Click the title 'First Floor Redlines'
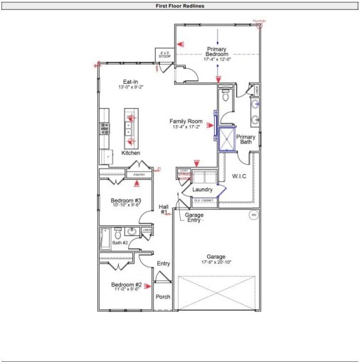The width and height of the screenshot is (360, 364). tap(180, 5)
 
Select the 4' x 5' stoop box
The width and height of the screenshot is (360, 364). tap(165, 55)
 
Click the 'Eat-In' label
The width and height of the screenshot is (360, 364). tap(130, 82)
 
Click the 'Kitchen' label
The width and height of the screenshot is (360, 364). tap(130, 153)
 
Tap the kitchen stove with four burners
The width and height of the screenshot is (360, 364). tap(105, 129)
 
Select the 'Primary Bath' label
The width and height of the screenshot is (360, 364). tap(245, 139)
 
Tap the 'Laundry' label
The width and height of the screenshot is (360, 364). tap(203, 190)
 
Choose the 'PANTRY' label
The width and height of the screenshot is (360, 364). tap(135, 173)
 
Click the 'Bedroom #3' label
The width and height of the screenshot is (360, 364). tap(126, 201)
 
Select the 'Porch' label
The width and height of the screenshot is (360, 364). tap(163, 296)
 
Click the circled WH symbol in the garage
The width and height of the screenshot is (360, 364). tap(252, 214)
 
